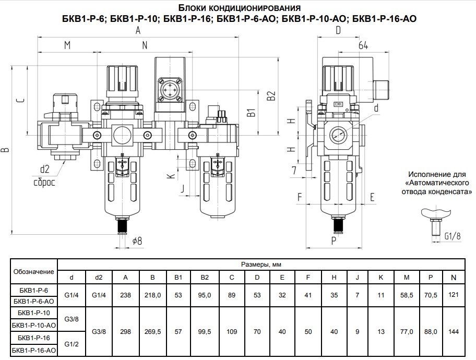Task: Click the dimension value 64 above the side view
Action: coord(364,46)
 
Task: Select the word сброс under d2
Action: coord(44,183)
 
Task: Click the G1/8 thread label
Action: coord(452,235)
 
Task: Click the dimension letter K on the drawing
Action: coord(170,176)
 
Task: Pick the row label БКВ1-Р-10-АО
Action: coord(33,325)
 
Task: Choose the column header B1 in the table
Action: coord(178,277)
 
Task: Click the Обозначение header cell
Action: coord(33,271)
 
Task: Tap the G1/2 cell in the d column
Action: coord(71,344)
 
